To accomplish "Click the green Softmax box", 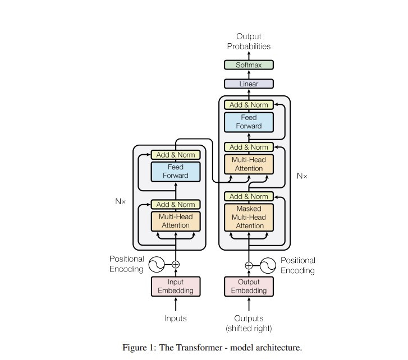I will [x=249, y=65].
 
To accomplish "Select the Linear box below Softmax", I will [x=249, y=84].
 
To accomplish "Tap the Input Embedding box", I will [x=176, y=287].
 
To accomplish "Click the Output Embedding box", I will [x=249, y=287].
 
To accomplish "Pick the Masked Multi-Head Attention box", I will [x=249, y=217].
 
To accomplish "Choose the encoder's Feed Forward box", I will [x=176, y=172].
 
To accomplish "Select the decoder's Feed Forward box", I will [x=249, y=122].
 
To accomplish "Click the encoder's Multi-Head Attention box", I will [x=176, y=221].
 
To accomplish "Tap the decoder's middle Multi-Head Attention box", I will [x=249, y=164].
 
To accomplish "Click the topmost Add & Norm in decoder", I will [x=249, y=105].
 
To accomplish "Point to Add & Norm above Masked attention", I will [x=249, y=197].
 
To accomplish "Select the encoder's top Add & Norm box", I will [x=176, y=155].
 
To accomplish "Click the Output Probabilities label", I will [x=249, y=41].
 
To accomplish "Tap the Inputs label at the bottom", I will [x=176, y=319].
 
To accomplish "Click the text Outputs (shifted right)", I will [x=249, y=324].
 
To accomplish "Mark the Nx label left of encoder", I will [x=120, y=201].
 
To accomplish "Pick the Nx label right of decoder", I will [x=302, y=176].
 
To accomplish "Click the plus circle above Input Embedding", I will [x=176, y=264].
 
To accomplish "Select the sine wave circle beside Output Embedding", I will [x=268, y=265].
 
